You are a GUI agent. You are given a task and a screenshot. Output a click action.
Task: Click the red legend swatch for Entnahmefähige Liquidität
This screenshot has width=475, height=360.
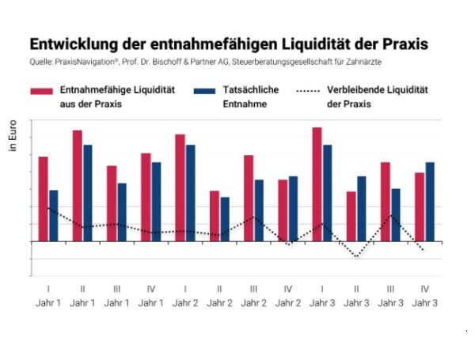[x=42, y=91]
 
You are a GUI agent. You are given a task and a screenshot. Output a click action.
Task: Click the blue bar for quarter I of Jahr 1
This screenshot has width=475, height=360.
[x=54, y=215]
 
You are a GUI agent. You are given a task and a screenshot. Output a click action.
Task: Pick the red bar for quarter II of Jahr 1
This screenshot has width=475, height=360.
[x=78, y=185]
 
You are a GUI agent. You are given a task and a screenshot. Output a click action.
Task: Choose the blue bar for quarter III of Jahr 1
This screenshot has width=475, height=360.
[x=122, y=212]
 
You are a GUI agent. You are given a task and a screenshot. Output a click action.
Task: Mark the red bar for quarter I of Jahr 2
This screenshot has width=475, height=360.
[x=180, y=188]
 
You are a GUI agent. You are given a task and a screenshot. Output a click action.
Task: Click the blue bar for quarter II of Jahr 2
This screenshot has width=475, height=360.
[x=225, y=219]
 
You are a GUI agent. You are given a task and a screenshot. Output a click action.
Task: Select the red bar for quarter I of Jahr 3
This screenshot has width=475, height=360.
[x=317, y=184]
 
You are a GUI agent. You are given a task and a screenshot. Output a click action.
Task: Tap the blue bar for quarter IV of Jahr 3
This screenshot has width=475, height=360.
[x=430, y=202]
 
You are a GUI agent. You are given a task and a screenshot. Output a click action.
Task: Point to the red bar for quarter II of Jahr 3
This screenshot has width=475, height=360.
[x=351, y=216]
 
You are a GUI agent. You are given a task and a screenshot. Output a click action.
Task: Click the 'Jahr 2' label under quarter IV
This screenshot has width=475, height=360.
[x=288, y=302]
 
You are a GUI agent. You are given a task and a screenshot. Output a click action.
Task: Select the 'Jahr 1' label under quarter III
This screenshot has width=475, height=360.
[x=117, y=302]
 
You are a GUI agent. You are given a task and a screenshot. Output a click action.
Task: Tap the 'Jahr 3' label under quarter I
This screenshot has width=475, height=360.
[x=322, y=302]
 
